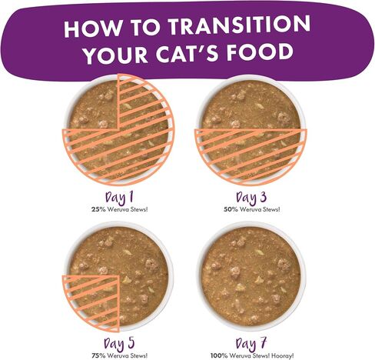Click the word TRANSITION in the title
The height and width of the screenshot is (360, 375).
click(239, 25)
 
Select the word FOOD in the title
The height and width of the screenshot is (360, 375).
click(260, 52)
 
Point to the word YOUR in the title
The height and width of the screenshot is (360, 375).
click(116, 55)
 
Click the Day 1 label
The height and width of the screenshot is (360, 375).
click(119, 197)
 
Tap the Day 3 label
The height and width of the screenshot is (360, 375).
click(251, 197)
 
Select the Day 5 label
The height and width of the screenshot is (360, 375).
click(119, 343)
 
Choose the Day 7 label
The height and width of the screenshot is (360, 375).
click(251, 343)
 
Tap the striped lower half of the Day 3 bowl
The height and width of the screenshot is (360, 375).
click(251, 154)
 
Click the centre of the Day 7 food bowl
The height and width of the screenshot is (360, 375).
click(251, 276)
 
